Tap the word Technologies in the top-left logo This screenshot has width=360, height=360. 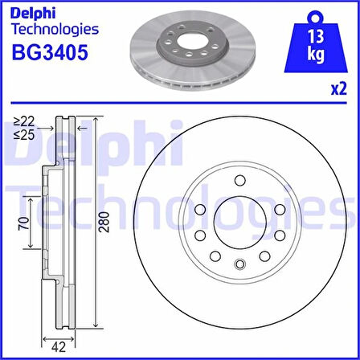click(55, 30)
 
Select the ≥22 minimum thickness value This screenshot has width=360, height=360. click(25, 121)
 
